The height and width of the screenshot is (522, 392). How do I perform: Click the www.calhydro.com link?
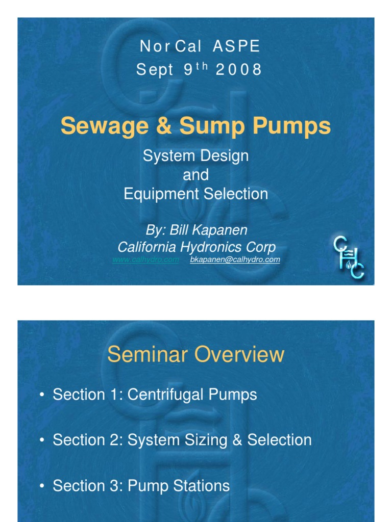[145, 260]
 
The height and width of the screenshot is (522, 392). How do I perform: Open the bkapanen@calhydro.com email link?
[235, 260]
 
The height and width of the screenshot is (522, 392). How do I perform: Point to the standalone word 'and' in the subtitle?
[195, 175]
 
